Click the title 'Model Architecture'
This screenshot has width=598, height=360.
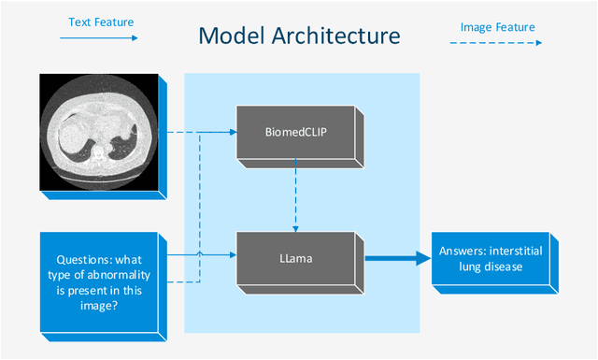pos(299,36)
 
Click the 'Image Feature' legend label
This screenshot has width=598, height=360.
pos(498,27)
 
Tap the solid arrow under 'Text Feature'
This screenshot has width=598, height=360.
pos(98,38)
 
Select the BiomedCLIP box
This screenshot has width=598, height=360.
pos(296,134)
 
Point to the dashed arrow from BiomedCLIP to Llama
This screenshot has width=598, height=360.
pos(296,194)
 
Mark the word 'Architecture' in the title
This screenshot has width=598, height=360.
pos(346,36)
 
